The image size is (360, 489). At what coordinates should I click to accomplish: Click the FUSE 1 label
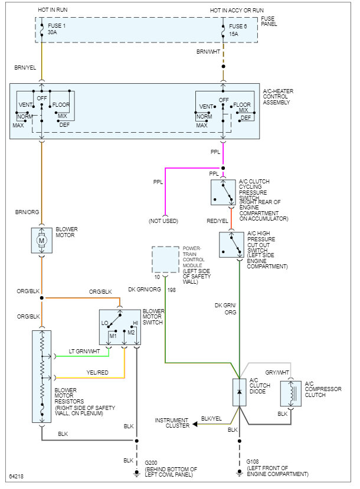[x=57, y=26]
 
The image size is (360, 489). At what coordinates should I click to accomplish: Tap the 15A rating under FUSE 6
[x=233, y=34]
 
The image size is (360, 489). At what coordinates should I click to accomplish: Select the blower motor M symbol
[x=41, y=241]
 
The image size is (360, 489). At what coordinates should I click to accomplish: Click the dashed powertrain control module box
[x=165, y=260]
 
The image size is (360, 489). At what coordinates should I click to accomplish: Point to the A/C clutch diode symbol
[x=239, y=392]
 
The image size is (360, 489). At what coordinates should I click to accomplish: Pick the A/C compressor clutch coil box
[x=291, y=393]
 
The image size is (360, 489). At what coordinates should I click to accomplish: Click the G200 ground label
[x=151, y=463]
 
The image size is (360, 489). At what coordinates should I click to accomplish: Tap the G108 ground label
[x=253, y=461]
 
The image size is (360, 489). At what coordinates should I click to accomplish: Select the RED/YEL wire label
[x=217, y=221]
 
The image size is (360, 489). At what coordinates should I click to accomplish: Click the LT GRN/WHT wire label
[x=84, y=351]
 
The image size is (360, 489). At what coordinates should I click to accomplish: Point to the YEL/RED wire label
[x=97, y=372]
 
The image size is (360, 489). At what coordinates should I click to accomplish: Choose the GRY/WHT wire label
[x=277, y=372]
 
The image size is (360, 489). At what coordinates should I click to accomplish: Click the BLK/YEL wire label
[x=211, y=419]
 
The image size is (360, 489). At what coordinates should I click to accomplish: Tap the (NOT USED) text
[x=163, y=221]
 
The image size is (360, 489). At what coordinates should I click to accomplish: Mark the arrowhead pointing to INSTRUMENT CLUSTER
[x=195, y=424]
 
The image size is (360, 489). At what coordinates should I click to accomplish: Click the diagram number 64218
[x=16, y=476]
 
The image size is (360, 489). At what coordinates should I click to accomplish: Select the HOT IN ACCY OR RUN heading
[x=237, y=10]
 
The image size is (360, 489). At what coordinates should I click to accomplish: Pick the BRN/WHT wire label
[x=208, y=52]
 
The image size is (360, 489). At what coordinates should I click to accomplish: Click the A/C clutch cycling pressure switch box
[x=223, y=192]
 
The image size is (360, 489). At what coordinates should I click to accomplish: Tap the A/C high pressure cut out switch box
[x=231, y=245]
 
